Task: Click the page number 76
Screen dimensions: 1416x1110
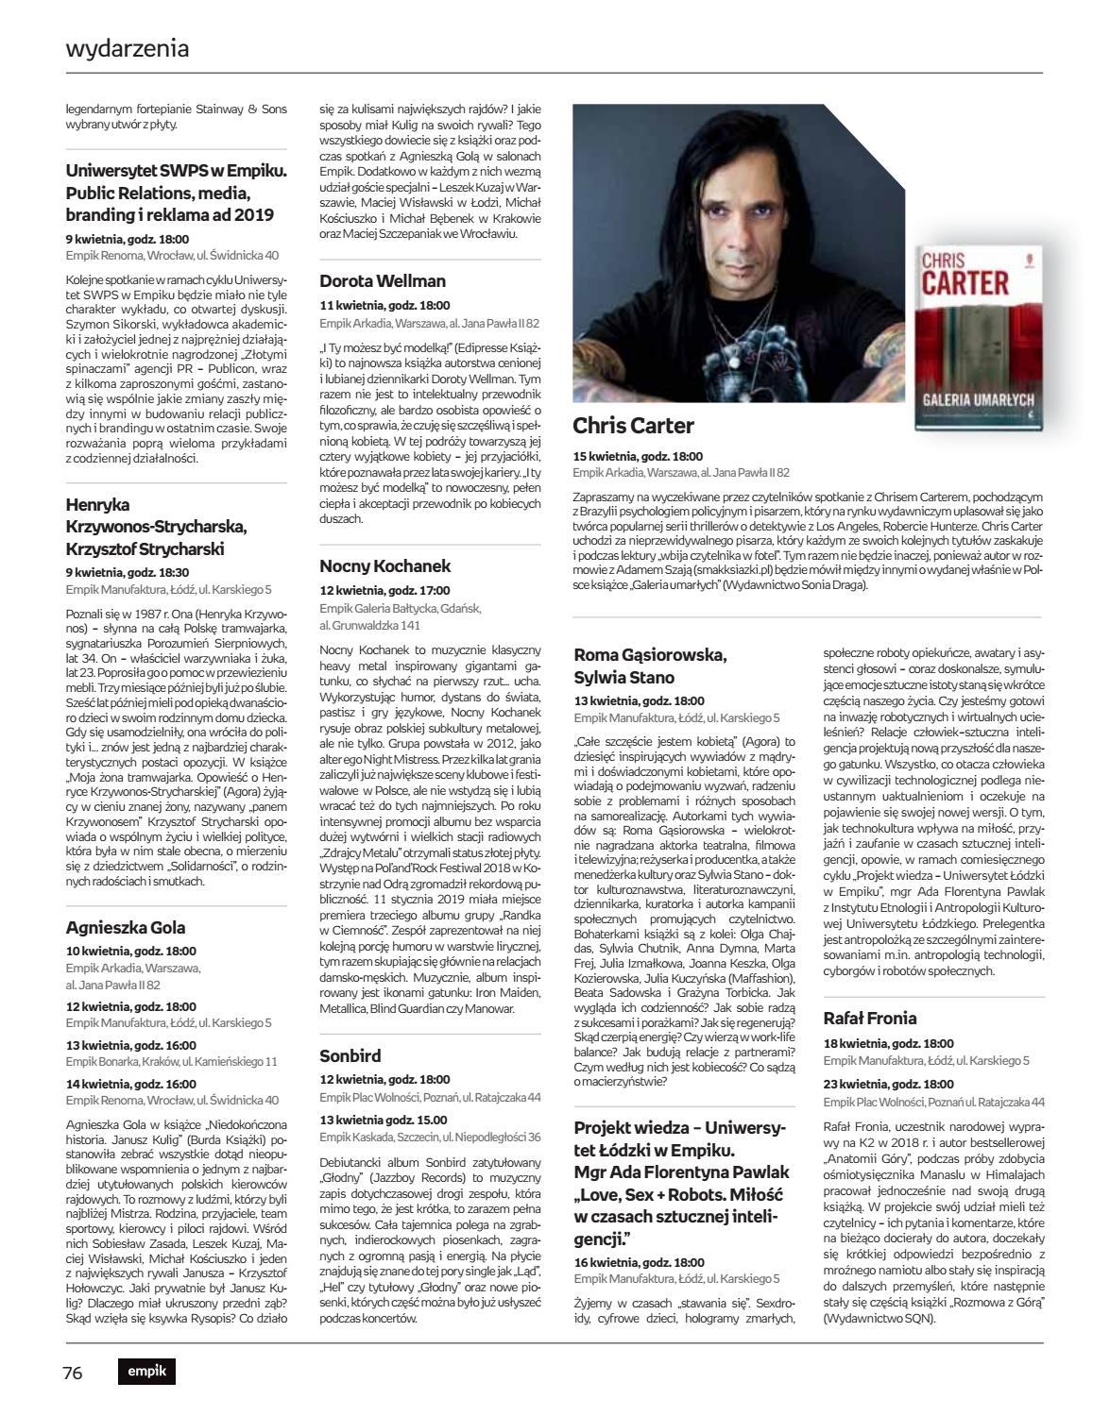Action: [74, 1373]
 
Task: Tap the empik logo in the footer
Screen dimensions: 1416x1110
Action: [146, 1373]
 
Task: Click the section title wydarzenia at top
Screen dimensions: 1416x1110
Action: [128, 48]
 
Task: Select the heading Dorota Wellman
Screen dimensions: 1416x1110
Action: [383, 281]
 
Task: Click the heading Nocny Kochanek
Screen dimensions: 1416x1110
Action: [385, 566]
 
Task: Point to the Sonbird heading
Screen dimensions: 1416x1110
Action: [350, 1055]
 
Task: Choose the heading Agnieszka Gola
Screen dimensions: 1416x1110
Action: [126, 927]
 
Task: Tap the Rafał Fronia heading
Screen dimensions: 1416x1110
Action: [870, 1018]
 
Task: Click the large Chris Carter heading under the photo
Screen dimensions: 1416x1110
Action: [633, 426]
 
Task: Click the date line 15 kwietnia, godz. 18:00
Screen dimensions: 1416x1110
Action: [638, 456]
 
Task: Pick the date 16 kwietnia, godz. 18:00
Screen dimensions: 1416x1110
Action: [639, 1262]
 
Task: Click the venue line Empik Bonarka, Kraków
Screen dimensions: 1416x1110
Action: [172, 1061]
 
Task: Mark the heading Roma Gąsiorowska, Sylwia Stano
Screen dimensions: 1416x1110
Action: [650, 666]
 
